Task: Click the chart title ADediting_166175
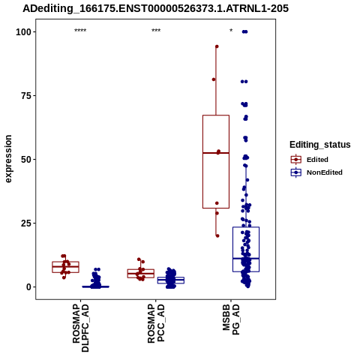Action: [155, 8]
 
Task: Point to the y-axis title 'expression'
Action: [8, 159]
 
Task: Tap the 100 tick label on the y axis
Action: [23, 32]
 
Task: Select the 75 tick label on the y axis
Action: [26, 96]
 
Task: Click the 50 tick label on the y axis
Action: [26, 160]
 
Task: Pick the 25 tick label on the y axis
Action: [26, 223]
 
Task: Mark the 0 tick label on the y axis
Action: [29, 287]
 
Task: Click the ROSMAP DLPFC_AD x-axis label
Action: [80, 328]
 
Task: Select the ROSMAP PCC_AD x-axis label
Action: [156, 323]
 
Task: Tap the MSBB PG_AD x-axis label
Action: [231, 319]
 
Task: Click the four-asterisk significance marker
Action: [80, 31]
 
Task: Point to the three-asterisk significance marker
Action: [156, 31]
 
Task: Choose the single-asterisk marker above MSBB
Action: [231, 31]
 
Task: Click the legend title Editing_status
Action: [320, 145]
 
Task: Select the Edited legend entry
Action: [310, 160]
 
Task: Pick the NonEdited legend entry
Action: [316, 172]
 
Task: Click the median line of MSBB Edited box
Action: [216, 153]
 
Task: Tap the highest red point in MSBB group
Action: [217, 46]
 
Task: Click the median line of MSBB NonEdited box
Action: [246, 258]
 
